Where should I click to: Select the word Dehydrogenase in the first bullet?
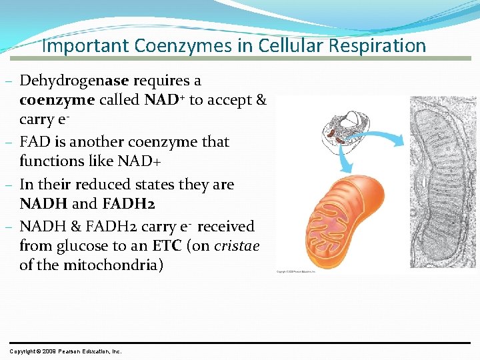(75, 81)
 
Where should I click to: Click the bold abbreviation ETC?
(167, 245)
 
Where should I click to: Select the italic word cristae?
(237, 245)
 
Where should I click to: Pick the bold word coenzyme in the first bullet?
(57, 101)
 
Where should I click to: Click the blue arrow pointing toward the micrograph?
(383, 138)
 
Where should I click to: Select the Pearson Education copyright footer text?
(65, 351)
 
